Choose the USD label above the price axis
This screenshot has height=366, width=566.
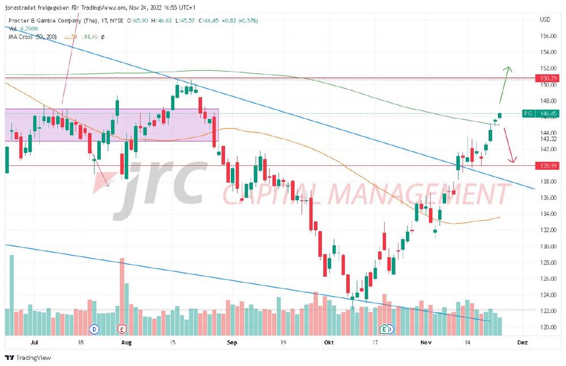(x=546, y=20)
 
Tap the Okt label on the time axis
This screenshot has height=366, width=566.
(x=330, y=342)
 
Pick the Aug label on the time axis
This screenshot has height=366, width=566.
(x=127, y=342)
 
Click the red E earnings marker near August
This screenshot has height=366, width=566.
(x=121, y=329)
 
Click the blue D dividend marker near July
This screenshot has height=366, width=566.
(x=95, y=329)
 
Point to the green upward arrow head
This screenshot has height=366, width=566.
(x=508, y=68)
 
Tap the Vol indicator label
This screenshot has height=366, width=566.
(x=12, y=29)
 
